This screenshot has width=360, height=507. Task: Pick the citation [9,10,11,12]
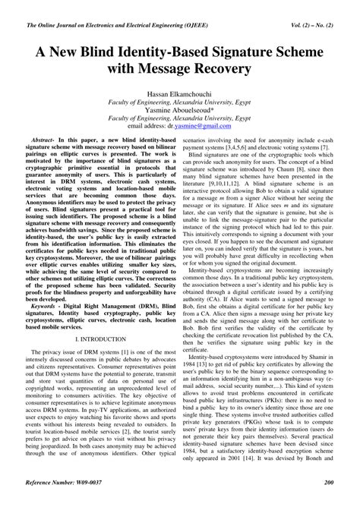point(232,189)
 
